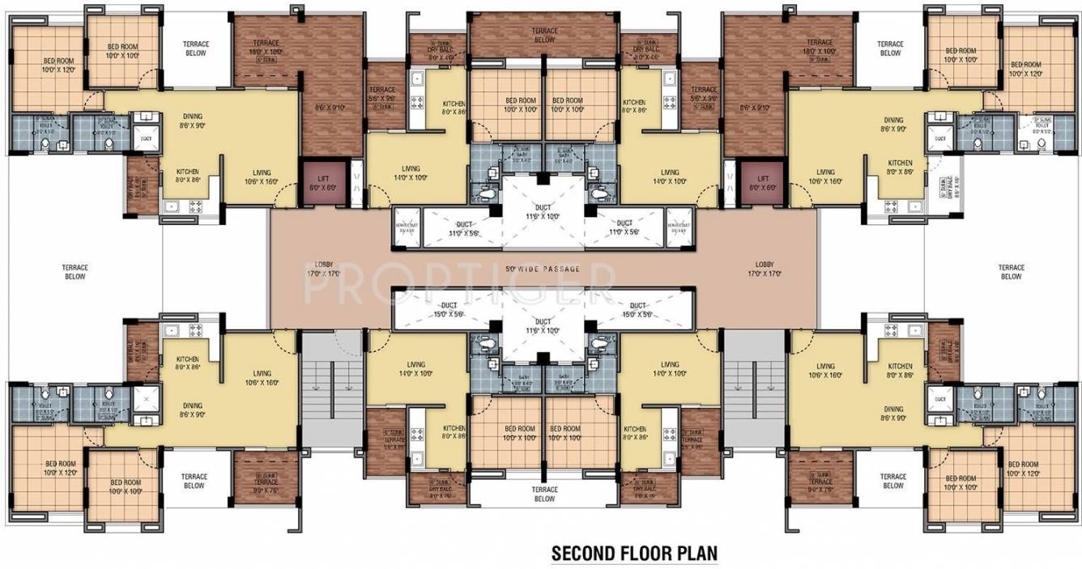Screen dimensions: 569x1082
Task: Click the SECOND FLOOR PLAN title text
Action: (x=634, y=554)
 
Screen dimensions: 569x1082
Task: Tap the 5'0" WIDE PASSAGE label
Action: (x=543, y=268)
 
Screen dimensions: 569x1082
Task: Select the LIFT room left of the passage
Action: (x=324, y=182)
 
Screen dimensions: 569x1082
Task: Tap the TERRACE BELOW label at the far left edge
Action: (x=75, y=271)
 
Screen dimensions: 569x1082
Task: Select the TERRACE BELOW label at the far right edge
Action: (x=1011, y=271)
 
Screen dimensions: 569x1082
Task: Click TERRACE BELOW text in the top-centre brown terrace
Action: (x=544, y=35)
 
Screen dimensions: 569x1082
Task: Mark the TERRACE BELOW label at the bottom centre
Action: (x=544, y=494)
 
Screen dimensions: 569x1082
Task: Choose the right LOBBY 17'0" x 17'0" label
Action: (x=765, y=269)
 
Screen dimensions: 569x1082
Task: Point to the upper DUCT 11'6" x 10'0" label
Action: (x=543, y=212)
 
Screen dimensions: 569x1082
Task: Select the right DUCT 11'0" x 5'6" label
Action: (x=624, y=227)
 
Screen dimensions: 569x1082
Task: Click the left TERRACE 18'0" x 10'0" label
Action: (x=266, y=47)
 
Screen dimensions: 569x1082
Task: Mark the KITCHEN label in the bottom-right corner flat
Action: (x=900, y=371)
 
